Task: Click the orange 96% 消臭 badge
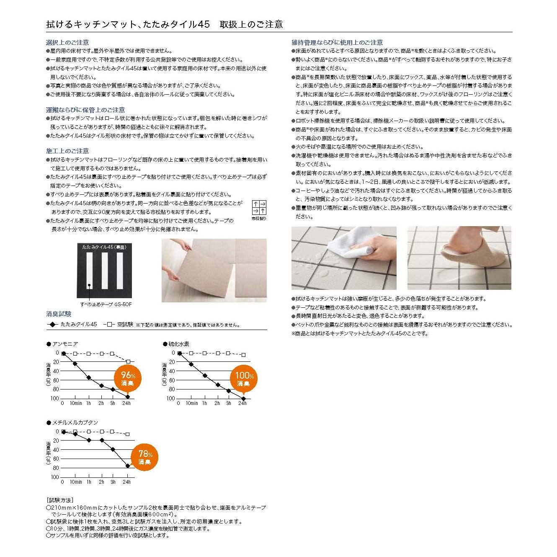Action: click(x=128, y=379)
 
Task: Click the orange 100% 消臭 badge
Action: click(x=244, y=379)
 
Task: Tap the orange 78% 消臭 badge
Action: click(x=145, y=457)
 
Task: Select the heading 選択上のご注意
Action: click(x=67, y=42)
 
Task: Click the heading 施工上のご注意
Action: click(x=67, y=151)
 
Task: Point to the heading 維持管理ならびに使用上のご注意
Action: click(x=337, y=42)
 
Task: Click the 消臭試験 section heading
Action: click(x=59, y=314)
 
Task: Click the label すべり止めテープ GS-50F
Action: click(x=106, y=304)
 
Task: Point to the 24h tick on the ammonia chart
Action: click(x=126, y=403)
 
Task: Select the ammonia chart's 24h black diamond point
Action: click(x=128, y=397)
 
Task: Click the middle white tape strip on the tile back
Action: click(x=105, y=271)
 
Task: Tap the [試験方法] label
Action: click(x=60, y=500)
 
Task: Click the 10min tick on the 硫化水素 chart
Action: click(x=192, y=403)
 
